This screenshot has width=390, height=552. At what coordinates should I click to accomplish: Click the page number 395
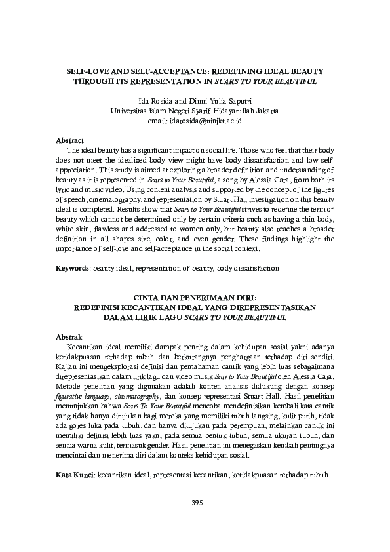(195, 503)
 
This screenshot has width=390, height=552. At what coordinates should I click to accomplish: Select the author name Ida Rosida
(153, 102)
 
